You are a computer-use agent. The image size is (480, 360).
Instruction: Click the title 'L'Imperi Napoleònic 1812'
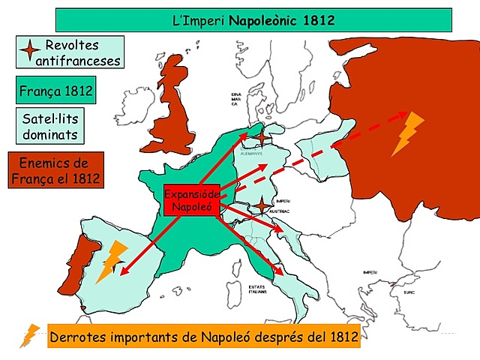(x=253, y=20)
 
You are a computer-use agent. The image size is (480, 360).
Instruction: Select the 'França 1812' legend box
(x=55, y=92)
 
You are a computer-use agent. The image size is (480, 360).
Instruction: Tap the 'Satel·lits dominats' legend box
(x=49, y=126)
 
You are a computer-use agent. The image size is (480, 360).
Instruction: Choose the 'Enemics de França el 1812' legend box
(x=54, y=171)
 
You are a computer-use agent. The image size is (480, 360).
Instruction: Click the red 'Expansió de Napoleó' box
(x=190, y=199)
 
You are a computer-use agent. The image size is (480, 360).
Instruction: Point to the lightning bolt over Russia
(x=408, y=133)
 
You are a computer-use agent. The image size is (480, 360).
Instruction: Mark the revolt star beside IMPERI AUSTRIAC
(x=262, y=205)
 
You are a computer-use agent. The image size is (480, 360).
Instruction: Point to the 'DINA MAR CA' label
(x=235, y=100)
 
